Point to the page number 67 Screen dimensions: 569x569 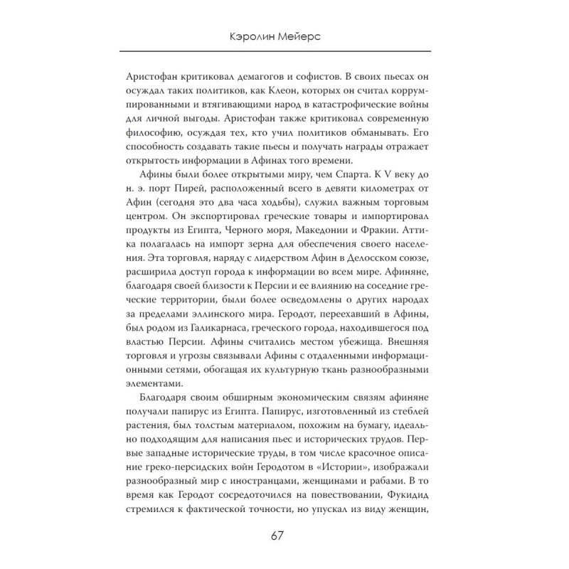click(x=284, y=536)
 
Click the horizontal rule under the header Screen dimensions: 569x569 click(x=284, y=50)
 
